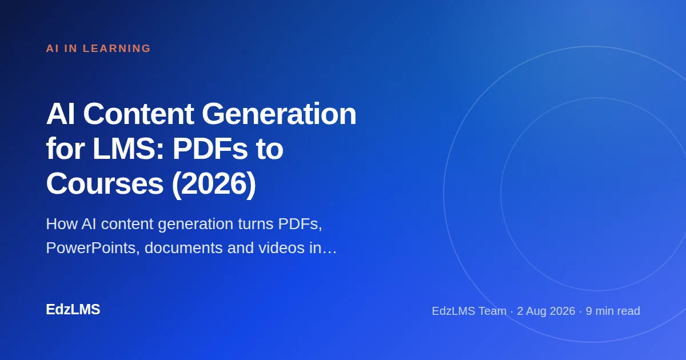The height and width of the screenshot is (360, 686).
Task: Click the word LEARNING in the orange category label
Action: pos(117,49)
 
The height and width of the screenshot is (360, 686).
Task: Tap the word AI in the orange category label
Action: pos(53,49)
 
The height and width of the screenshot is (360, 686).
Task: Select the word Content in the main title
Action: pos(138,114)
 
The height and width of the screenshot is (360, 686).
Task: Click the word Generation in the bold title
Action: pos(279,114)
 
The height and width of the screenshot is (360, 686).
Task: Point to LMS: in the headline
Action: pos(128,149)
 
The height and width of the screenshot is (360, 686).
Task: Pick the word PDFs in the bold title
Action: pos(210,149)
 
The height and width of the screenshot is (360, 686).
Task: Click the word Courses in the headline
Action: pos(105,184)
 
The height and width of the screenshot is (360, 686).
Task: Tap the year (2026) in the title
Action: pos(214,185)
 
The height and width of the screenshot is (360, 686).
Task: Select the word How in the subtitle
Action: pos(62,224)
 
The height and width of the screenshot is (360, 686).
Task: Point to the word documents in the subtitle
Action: pos(184,247)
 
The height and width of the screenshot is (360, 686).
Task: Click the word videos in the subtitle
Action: pos(281,247)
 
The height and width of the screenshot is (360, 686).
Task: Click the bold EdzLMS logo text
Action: pos(73,310)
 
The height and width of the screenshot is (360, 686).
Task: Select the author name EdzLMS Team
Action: pos(469,311)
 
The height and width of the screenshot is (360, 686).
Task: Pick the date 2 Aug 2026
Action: pos(546,311)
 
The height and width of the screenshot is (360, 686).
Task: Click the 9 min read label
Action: pos(613,311)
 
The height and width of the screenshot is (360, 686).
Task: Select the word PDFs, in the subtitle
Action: pos(300,224)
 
